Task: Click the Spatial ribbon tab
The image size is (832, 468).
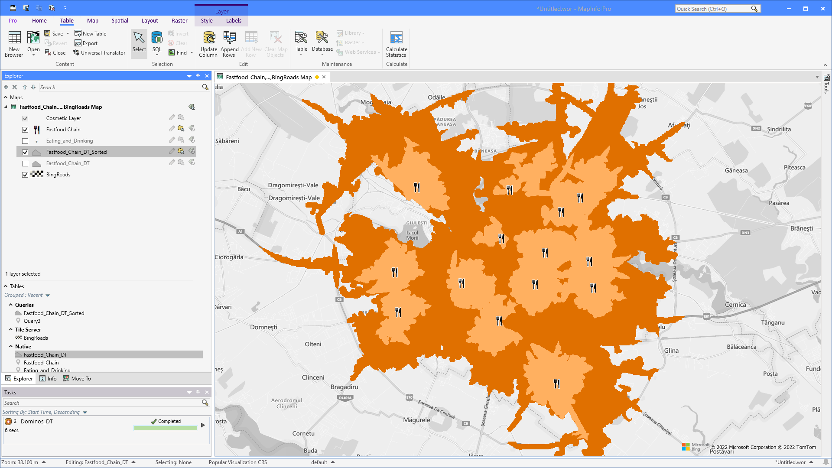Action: (120, 20)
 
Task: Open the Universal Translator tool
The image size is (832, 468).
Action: (99, 53)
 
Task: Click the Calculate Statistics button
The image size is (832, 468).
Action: (396, 44)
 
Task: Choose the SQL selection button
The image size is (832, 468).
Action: (157, 42)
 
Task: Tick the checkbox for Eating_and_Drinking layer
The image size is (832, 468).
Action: (25, 141)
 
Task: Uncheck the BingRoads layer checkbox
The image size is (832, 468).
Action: (25, 175)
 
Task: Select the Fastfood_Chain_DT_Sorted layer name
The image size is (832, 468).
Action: (76, 152)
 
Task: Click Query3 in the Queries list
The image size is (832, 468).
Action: (32, 321)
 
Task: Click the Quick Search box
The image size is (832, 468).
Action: (713, 9)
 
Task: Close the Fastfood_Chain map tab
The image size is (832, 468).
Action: (324, 77)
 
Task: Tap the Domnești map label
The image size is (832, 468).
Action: (263, 327)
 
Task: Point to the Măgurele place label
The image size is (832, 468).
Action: (416, 420)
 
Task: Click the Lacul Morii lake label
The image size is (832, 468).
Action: (412, 235)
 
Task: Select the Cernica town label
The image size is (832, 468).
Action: (735, 305)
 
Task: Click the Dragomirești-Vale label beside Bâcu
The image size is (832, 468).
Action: (293, 185)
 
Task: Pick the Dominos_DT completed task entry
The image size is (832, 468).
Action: (37, 421)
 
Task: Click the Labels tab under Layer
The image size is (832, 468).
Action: (234, 20)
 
